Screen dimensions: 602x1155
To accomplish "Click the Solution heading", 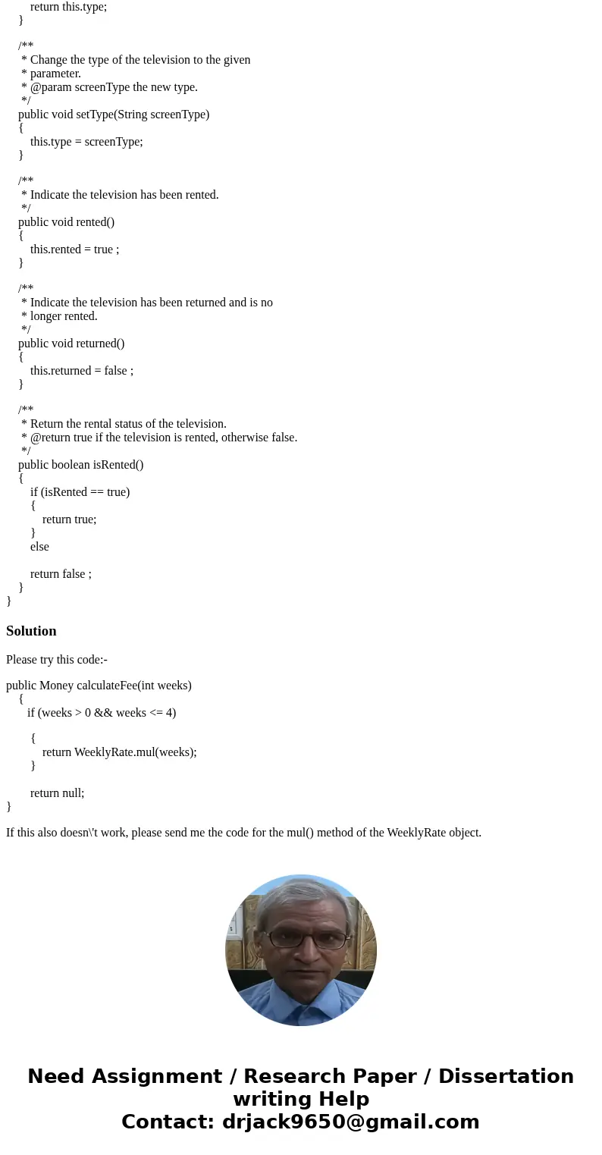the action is [31, 631].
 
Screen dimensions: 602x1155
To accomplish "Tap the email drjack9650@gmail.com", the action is [350, 1122].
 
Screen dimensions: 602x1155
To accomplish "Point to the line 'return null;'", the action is [57, 792].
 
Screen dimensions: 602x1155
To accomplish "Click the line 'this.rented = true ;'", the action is [74, 250].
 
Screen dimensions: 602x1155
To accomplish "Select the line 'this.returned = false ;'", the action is [81, 371].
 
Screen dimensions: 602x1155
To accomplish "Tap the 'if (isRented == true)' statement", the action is [80, 492].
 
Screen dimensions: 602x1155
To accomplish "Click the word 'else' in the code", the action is [39, 547].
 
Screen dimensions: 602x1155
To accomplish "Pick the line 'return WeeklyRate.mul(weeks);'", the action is [119, 752].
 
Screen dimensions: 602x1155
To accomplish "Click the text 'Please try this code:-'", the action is [57, 660].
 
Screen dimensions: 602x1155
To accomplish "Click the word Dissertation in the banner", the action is [506, 1076].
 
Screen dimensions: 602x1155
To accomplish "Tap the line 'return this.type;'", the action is [68, 6].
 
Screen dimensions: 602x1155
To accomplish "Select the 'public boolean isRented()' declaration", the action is [80, 465].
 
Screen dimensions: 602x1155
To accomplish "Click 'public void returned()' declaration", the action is [71, 344].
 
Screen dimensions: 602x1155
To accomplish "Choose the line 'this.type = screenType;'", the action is [86, 142].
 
